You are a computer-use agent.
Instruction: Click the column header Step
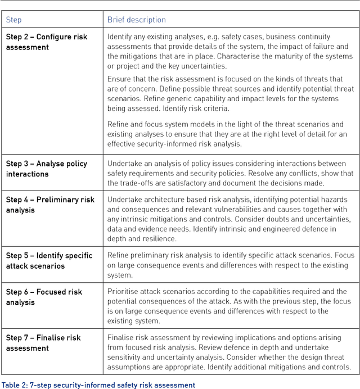[14, 20]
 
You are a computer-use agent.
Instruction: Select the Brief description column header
[137, 20]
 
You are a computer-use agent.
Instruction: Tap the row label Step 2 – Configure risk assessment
[47, 42]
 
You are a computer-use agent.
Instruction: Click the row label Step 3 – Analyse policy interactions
[47, 169]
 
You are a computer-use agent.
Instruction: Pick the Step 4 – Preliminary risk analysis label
[50, 205]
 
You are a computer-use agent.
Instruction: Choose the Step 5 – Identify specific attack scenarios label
[49, 260]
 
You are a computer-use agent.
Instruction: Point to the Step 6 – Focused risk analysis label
[44, 297]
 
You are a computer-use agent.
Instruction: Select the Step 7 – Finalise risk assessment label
[43, 343]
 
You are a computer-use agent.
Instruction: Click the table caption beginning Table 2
[98, 385]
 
